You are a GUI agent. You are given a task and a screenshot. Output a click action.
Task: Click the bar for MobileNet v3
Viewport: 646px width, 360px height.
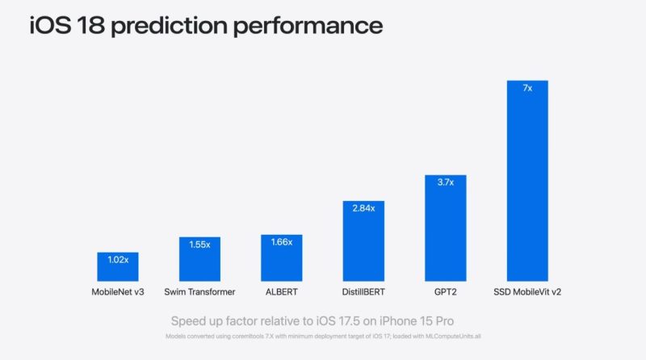pos(118,266)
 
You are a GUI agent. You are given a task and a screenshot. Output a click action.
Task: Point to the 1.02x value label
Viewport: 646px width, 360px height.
pos(118,260)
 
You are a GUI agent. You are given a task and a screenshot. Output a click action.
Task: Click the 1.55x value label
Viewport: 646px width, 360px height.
pos(199,244)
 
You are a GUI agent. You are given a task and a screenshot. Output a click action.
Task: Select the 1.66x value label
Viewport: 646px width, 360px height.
pos(281,241)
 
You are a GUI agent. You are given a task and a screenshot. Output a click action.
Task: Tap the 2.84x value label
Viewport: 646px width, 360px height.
pos(363,207)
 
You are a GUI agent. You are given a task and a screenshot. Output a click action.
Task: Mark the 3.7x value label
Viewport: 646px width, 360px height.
pos(445,182)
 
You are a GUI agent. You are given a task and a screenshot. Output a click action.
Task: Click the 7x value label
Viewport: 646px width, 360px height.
pos(526,88)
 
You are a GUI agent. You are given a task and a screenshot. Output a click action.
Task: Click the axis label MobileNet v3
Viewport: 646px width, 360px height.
pos(118,291)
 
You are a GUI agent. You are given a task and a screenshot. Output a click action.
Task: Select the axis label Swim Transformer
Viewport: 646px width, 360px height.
pos(199,291)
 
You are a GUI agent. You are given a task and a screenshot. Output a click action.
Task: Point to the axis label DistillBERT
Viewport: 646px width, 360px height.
pos(363,291)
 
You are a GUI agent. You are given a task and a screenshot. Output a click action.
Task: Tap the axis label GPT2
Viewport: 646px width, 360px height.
pos(445,291)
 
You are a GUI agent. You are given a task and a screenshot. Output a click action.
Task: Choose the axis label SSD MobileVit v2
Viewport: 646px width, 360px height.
pos(526,291)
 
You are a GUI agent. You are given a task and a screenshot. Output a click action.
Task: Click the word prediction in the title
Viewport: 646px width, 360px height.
pos(170,26)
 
